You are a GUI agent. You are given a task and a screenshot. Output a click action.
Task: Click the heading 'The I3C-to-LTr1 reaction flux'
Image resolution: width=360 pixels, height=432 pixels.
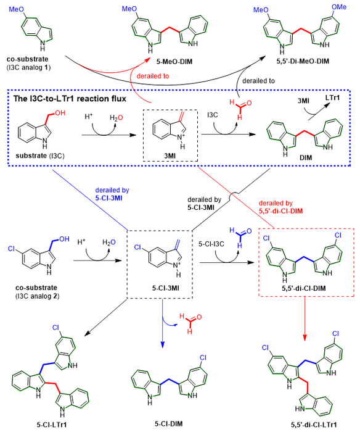point(70,99)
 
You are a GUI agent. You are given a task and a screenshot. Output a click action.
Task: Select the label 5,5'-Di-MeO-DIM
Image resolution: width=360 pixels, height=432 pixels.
point(303,61)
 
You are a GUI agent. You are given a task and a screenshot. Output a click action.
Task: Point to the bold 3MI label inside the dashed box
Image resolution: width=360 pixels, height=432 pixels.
point(170,156)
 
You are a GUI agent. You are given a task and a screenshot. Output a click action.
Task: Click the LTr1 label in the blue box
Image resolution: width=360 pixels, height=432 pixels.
point(332,98)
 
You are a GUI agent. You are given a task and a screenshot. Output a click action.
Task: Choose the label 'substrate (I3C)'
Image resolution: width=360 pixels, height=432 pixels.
point(40,156)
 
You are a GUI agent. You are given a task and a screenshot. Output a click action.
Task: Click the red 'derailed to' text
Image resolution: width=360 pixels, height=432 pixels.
point(153,76)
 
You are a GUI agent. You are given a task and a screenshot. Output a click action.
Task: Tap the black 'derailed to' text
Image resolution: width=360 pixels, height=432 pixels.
point(258,81)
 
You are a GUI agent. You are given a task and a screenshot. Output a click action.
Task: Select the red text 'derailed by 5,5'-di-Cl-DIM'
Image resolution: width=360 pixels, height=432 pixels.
point(280,207)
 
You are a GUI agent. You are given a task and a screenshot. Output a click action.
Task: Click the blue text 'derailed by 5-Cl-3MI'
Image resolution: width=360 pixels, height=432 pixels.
point(112,194)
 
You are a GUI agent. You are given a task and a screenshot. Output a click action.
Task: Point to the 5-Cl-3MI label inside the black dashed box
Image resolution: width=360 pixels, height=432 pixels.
point(165,288)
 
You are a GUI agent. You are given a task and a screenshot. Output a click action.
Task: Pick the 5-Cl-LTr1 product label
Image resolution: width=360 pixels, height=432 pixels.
point(52,425)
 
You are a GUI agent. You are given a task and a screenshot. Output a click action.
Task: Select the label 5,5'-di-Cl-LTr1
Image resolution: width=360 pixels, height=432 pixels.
point(314,425)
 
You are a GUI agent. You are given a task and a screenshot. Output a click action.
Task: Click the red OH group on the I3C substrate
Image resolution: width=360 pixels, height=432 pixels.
point(60,113)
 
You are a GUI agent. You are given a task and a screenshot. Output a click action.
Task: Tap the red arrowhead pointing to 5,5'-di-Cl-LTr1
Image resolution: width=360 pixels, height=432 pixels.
point(305,337)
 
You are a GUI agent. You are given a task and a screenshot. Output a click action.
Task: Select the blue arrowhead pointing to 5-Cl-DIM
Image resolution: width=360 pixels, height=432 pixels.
point(163,344)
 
